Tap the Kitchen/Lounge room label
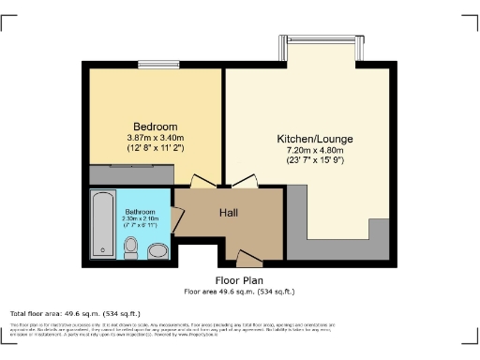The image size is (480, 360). pyautogui.click(x=312, y=137)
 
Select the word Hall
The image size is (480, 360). pyautogui.click(x=229, y=213)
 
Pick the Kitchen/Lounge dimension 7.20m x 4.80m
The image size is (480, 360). pyautogui.click(x=312, y=148)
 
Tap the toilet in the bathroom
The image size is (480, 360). pyautogui.click(x=131, y=247)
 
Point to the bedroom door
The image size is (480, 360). pyautogui.click(x=202, y=181)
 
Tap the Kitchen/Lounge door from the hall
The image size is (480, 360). pyautogui.click(x=245, y=181)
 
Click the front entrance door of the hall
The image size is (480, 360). pyautogui.click(x=248, y=257)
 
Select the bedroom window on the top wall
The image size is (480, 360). pyautogui.click(x=152, y=64)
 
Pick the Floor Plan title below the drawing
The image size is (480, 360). pyautogui.click(x=238, y=279)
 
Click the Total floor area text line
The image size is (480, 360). pyautogui.click(x=75, y=313)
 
